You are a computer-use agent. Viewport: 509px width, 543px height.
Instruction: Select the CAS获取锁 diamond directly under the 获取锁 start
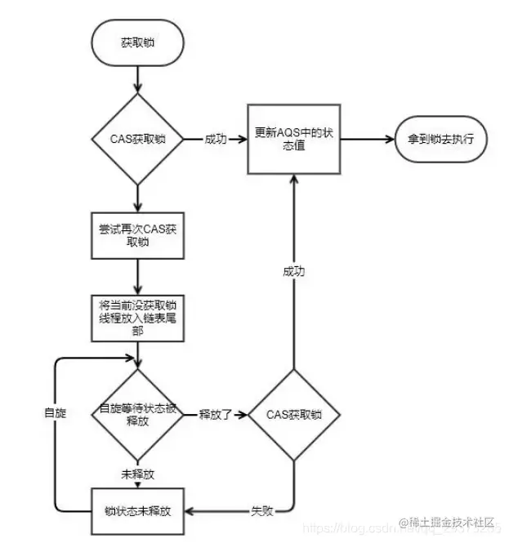(138, 139)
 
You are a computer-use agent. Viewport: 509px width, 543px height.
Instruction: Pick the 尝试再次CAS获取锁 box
(137, 237)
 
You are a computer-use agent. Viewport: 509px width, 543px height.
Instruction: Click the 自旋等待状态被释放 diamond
(137, 414)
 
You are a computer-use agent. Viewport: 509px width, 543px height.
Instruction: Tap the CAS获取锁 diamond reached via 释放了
(293, 414)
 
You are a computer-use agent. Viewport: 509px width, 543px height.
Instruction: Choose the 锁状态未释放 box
(137, 513)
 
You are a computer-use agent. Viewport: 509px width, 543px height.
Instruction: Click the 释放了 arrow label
(216, 414)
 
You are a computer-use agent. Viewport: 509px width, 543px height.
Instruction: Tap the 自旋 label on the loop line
(55, 414)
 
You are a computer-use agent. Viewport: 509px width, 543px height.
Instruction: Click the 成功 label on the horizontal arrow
(217, 139)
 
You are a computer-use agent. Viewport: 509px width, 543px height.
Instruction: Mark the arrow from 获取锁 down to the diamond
(138, 80)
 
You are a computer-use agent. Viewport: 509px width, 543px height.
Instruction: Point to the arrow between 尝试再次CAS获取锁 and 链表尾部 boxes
(137, 278)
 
